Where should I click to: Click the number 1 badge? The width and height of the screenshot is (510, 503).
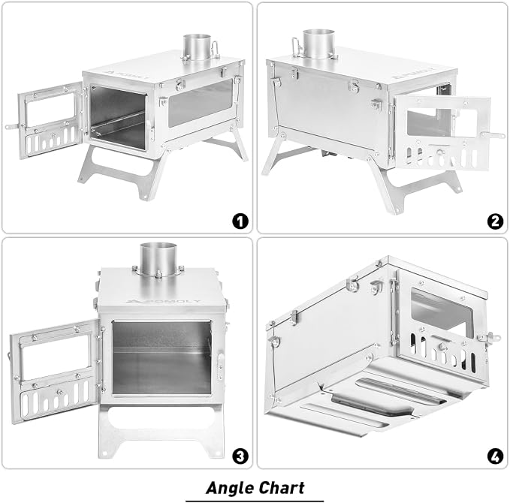(x=240, y=221)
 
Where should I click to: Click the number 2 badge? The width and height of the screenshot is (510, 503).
(x=495, y=221)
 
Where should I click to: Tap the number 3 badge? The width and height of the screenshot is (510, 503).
(x=240, y=456)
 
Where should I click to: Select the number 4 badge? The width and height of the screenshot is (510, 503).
(x=495, y=456)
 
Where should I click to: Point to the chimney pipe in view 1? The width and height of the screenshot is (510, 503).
(x=197, y=47)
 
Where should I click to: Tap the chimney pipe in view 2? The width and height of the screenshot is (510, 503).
(x=318, y=44)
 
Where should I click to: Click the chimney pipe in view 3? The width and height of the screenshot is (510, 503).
(x=158, y=258)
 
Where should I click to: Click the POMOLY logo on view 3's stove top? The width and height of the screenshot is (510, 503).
(x=163, y=301)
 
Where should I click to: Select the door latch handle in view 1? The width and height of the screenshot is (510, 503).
(x=12, y=126)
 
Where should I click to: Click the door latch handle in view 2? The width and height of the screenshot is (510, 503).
(x=493, y=135)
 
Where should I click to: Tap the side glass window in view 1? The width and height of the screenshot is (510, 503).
(x=201, y=103)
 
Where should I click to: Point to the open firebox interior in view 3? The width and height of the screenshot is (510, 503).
(x=161, y=357)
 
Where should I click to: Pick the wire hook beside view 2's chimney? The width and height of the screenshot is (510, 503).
(x=297, y=47)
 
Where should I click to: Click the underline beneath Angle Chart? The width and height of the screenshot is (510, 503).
(x=255, y=501)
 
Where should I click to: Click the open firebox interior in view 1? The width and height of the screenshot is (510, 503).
(x=117, y=118)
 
